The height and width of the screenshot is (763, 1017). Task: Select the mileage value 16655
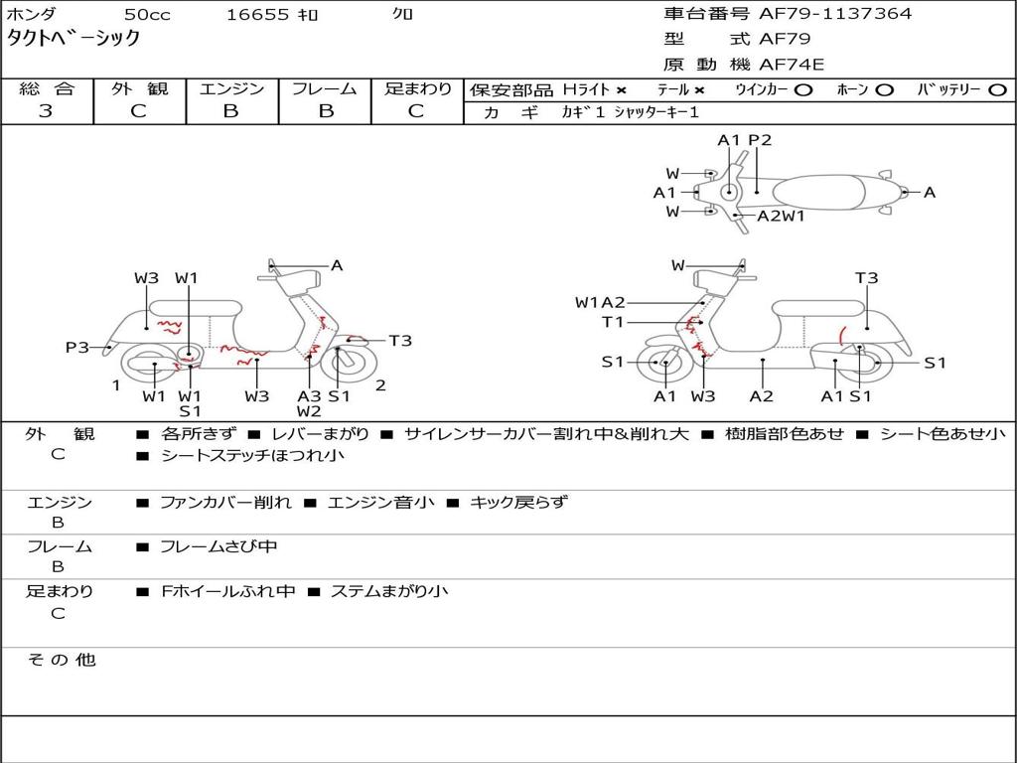coord(256,15)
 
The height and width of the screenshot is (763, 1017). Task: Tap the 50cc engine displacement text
coord(146,15)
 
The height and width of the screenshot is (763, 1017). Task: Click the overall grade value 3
coord(46,111)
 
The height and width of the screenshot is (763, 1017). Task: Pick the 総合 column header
coord(46,89)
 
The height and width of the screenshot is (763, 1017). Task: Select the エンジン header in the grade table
coord(231,89)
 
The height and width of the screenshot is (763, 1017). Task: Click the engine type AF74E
coord(792,65)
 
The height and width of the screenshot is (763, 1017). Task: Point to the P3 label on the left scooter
coord(77,348)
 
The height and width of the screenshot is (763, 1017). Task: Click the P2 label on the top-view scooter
coord(760,141)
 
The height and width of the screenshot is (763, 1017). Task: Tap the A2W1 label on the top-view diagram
coord(781,216)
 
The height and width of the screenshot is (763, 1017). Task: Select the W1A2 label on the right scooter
coord(600,303)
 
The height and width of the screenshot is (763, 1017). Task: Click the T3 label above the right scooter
coord(866,278)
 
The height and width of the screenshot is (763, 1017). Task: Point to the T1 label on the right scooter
coord(613,322)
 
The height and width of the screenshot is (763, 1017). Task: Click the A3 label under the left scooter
coord(309,396)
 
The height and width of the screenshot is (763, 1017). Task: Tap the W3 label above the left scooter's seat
coord(147,278)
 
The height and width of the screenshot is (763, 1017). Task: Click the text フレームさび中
coord(218,546)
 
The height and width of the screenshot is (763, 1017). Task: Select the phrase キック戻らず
coord(517,503)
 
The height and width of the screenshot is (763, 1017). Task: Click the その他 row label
coord(61,660)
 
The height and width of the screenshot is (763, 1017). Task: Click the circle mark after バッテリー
coord(997,89)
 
